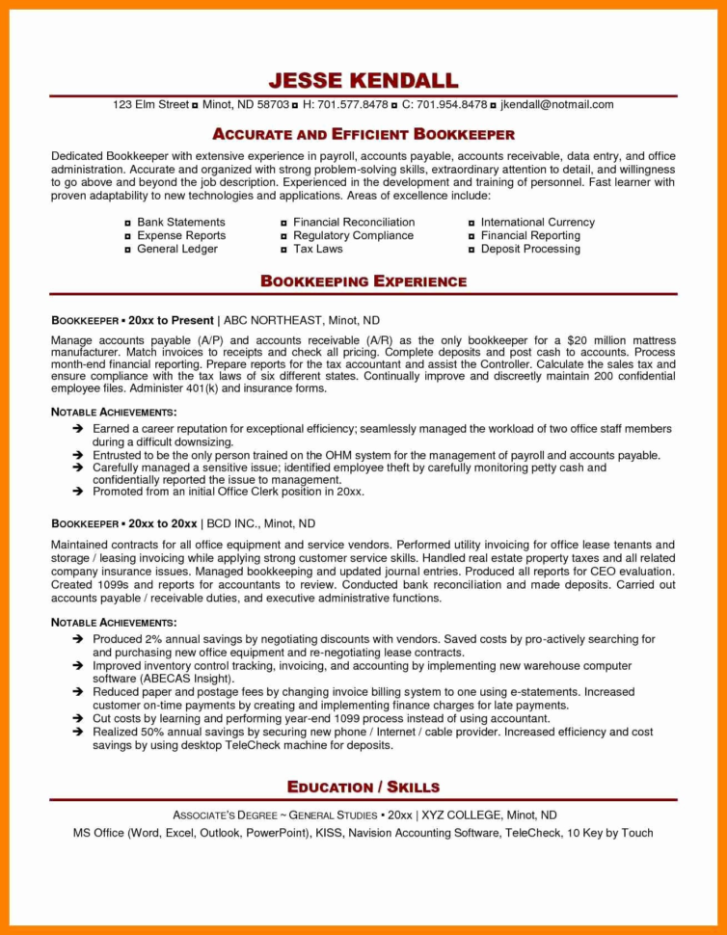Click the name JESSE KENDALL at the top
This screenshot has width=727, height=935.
(363, 80)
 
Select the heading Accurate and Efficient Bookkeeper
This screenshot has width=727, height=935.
(363, 134)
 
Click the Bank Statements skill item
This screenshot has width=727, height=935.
(181, 222)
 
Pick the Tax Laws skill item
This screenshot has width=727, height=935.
(318, 249)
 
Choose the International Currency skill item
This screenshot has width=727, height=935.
(538, 222)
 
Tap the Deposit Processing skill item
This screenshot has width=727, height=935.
(530, 249)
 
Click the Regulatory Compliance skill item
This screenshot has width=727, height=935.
(353, 235)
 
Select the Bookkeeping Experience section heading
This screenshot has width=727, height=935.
(363, 281)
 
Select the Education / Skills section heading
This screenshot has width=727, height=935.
(363, 788)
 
